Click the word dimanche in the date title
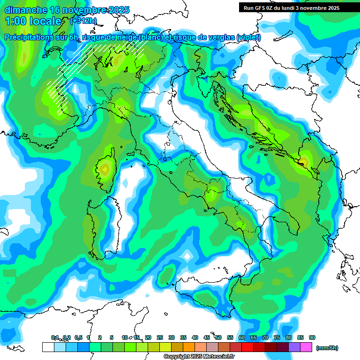click(x=25, y=10)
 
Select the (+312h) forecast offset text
click(x=83, y=21)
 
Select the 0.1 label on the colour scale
click(x=55, y=337)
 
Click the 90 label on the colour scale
click(x=312, y=337)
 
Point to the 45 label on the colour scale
click(x=207, y=337)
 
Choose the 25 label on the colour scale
click(x=160, y=337)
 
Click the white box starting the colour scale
click(x=47, y=347)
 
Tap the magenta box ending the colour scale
click(x=306, y=347)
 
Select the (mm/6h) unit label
click(x=327, y=348)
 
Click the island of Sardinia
click(x=96, y=225)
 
